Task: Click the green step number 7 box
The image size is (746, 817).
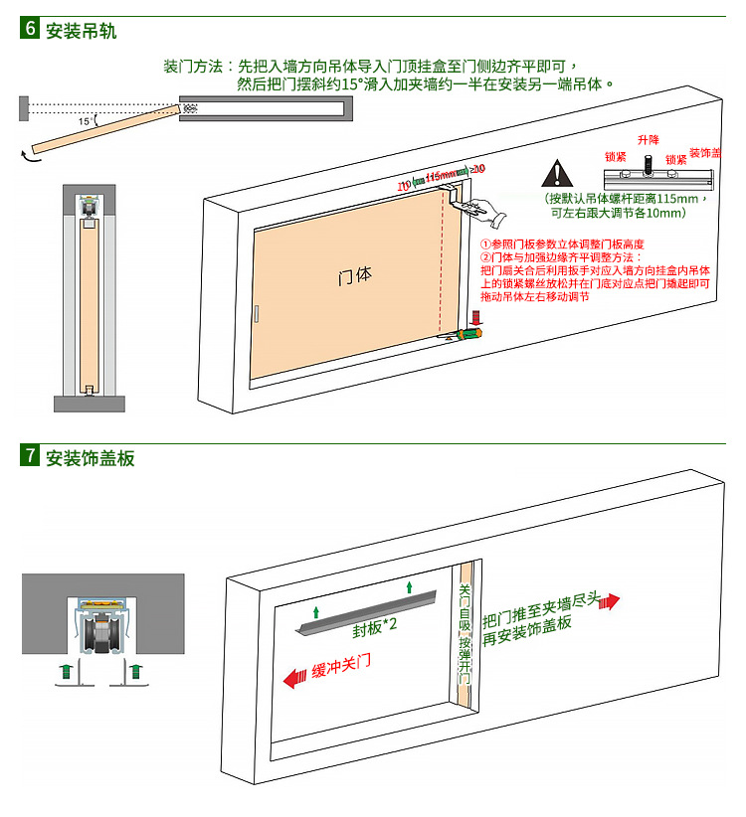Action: pyautogui.click(x=30, y=457)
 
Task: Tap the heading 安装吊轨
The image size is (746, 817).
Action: pyautogui.click(x=81, y=30)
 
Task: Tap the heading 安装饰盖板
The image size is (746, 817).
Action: pyautogui.click(x=90, y=458)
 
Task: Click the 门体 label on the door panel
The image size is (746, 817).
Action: pyautogui.click(x=354, y=275)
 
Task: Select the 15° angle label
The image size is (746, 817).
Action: pyautogui.click(x=87, y=121)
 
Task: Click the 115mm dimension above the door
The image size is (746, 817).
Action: pyautogui.click(x=442, y=176)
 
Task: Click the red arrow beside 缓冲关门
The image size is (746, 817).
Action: pyautogui.click(x=294, y=679)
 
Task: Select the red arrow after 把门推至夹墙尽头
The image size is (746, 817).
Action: pyautogui.click(x=609, y=602)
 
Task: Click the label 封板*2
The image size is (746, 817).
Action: pyautogui.click(x=375, y=628)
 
